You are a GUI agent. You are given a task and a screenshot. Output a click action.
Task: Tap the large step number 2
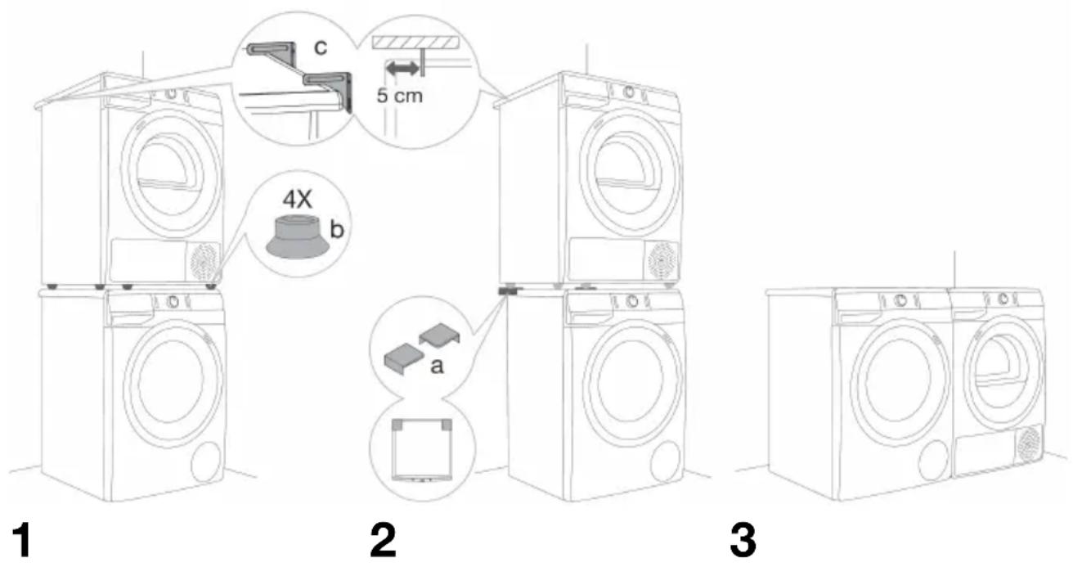384,540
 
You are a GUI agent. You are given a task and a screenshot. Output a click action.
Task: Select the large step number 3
743,540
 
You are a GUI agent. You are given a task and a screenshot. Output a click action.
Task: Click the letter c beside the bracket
321,47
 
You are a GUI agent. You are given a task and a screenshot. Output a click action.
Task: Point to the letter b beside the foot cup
337,229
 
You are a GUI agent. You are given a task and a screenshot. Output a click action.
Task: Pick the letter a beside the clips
437,367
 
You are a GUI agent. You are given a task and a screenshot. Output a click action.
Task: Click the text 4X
297,199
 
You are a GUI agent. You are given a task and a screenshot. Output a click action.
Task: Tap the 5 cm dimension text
399,96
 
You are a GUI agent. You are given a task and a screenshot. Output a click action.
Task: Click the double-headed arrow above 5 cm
402,69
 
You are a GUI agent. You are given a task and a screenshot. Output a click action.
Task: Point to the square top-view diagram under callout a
421,449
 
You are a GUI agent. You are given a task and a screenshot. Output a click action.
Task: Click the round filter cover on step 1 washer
206,462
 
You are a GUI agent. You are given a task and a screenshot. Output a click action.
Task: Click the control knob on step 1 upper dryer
171,93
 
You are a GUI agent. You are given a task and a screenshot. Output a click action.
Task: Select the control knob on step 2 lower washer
632,301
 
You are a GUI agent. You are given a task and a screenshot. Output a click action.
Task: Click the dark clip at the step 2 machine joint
505,290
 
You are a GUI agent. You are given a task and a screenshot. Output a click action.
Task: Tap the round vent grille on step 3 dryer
1029,444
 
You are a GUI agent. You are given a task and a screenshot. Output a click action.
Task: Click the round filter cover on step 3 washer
934,461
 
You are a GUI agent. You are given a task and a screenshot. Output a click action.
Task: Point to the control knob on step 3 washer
900,300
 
